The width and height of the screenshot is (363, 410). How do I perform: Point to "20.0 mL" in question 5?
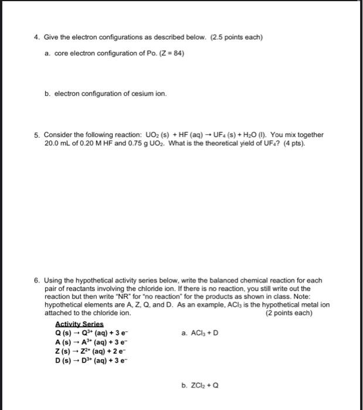[x=56, y=143]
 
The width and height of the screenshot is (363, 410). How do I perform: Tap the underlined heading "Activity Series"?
[x=79, y=324]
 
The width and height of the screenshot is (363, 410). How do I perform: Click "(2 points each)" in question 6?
[x=289, y=313]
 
